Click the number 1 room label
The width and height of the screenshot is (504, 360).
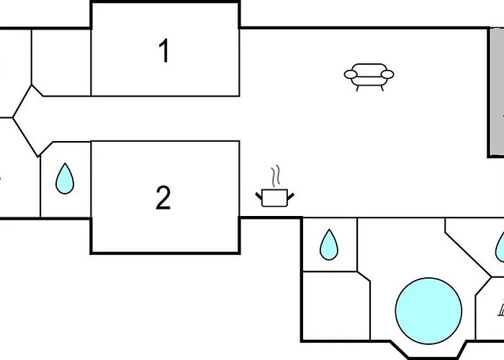(164, 50)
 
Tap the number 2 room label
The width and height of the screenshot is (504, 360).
(163, 198)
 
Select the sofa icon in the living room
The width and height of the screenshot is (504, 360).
(369, 77)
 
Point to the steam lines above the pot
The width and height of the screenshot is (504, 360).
(275, 176)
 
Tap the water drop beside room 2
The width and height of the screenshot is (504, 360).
(65, 179)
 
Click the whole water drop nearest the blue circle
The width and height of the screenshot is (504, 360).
(329, 245)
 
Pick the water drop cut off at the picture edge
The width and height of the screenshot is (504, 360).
(500, 247)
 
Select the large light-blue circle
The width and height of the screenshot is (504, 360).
(428, 311)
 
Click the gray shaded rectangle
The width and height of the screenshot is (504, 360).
(496, 93)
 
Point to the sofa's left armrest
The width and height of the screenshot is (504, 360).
(351, 75)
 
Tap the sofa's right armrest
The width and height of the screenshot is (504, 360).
(387, 75)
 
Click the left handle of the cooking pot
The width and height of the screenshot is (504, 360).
(259, 196)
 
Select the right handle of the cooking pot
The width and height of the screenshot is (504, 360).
(291, 196)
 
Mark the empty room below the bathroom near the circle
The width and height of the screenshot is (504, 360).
(336, 306)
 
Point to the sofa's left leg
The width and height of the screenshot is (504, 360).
(357, 88)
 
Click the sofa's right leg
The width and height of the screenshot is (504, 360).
(382, 88)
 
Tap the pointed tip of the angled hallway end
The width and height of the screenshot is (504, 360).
(13, 117)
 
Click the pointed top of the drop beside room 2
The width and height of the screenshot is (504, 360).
(65, 163)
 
